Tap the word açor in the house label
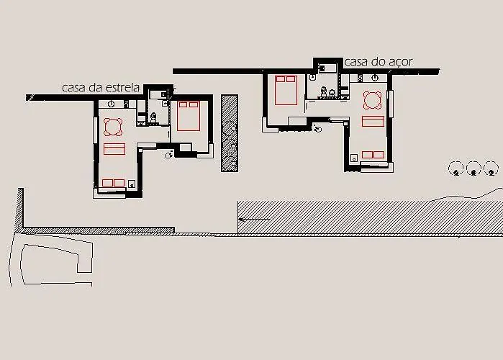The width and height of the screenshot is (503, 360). point(400,62)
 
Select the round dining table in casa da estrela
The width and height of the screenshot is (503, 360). point(113,127)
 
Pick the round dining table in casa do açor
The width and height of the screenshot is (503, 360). point(373,100)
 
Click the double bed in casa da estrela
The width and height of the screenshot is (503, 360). point(189,116)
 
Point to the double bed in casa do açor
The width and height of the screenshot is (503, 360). point(286,90)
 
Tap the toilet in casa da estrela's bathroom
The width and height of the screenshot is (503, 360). point(153,117)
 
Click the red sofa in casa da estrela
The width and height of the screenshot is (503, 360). point(114,149)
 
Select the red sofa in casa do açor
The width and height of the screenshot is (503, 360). point(373,122)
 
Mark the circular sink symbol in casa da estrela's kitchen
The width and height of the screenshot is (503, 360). point(111,104)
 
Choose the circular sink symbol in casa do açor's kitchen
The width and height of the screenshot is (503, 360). point(375,77)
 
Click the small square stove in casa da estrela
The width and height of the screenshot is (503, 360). point(132,184)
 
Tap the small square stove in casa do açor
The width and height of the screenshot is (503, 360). point(354,158)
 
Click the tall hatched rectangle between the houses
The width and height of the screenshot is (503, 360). point(230,133)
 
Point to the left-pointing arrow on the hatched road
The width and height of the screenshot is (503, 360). point(255,220)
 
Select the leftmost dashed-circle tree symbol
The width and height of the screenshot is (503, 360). point(456,168)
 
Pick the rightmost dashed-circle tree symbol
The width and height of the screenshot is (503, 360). point(491,168)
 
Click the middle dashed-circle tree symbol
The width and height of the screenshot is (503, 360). point(473,168)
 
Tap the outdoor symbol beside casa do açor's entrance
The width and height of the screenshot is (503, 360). point(317,128)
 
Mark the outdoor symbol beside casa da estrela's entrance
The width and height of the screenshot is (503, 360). point(169,155)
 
